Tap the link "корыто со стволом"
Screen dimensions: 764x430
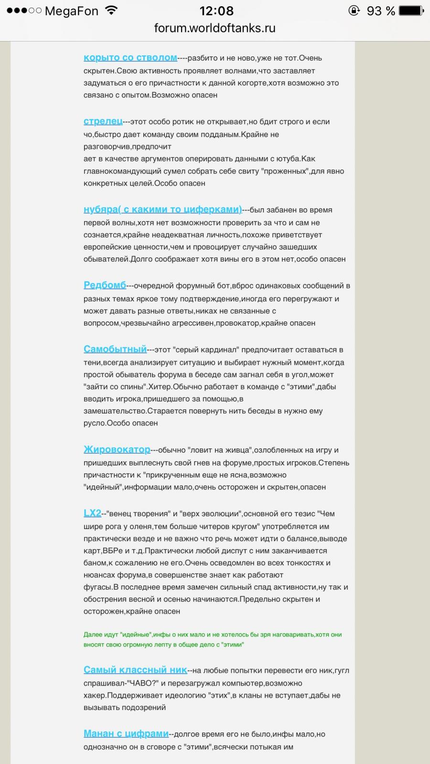click(x=130, y=57)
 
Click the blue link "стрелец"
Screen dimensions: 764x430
click(x=103, y=121)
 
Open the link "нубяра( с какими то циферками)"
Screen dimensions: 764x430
click(x=162, y=209)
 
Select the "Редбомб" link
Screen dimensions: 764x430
click(x=105, y=285)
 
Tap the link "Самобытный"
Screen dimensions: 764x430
click(x=115, y=349)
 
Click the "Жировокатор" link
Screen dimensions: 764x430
click(x=117, y=449)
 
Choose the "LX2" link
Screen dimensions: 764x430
click(x=92, y=513)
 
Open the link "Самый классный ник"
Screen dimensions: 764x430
click(x=135, y=670)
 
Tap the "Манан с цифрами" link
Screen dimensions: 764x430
click(x=126, y=733)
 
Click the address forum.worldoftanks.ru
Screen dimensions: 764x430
click(x=215, y=28)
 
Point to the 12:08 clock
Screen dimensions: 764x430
click(x=216, y=11)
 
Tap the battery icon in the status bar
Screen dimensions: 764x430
click(x=410, y=11)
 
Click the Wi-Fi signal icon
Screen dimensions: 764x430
click(x=111, y=11)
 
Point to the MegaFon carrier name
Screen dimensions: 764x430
click(x=71, y=11)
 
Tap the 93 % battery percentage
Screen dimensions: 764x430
click(x=380, y=11)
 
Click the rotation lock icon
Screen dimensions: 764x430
click(x=354, y=11)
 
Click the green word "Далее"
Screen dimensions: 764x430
click(x=93, y=635)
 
